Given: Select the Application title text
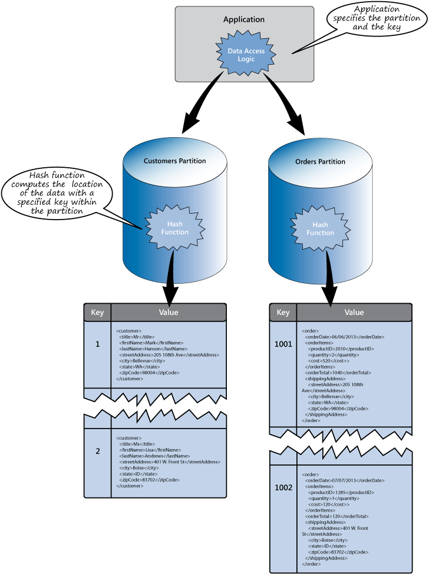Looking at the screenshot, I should click(243, 20).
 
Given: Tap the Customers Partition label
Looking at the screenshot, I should click(175, 161).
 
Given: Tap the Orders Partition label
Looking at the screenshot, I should click(320, 161).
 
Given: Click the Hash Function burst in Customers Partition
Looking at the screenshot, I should click(174, 228).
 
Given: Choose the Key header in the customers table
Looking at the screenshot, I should click(97, 313).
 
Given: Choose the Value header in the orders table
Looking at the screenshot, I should click(354, 313).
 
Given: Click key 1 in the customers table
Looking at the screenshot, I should click(97, 344).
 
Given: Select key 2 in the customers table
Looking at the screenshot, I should click(97, 452).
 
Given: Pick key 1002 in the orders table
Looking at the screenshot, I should click(283, 488).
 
